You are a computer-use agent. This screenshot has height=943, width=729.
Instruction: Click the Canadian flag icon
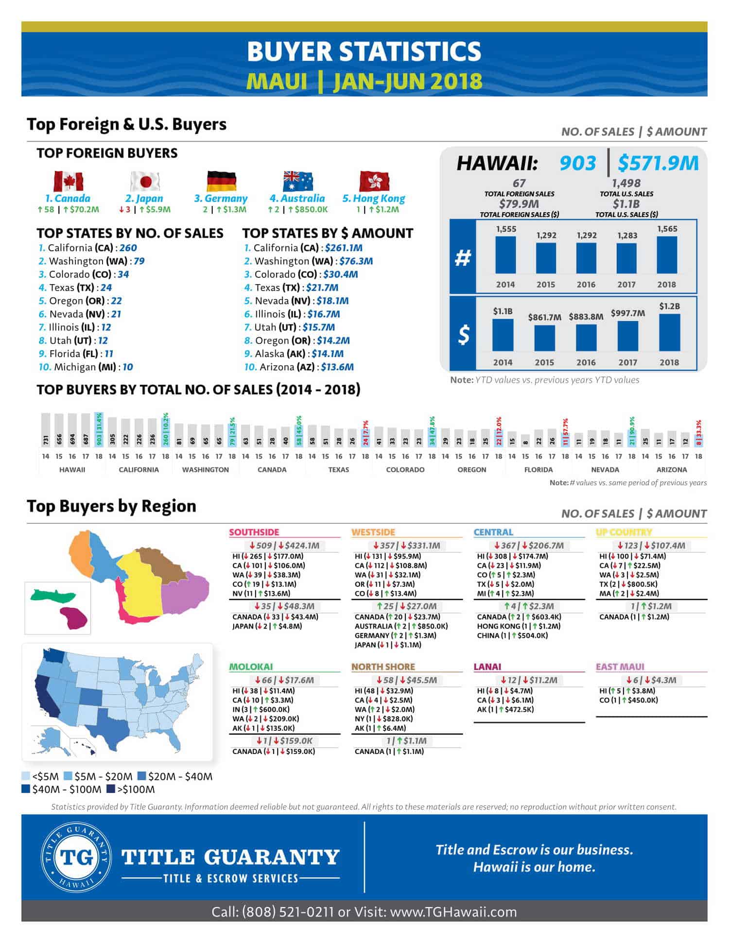pos(69,182)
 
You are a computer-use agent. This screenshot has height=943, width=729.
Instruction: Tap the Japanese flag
pos(145,182)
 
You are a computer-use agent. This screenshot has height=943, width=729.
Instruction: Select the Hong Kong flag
pos(374,182)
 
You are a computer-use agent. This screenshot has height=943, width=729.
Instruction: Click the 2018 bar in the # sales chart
pos(666,255)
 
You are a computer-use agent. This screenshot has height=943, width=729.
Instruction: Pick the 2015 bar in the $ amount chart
pos(544,338)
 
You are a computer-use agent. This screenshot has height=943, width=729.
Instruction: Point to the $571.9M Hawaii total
pos(658,163)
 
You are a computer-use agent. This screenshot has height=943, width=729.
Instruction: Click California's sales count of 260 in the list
pos(128,248)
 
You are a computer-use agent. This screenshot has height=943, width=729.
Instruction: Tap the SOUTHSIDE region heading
pos(254,532)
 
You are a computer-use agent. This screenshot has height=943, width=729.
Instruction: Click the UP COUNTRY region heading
pos(624,532)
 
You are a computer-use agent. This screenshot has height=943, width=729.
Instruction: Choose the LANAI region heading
pos(487,667)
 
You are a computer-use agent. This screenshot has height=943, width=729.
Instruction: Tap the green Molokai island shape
pos(53,595)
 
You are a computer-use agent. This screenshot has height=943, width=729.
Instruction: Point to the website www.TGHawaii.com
pos(453,912)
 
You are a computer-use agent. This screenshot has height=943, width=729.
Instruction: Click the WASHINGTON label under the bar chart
pos(205,470)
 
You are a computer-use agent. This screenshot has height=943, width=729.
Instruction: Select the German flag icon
pos(221,182)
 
